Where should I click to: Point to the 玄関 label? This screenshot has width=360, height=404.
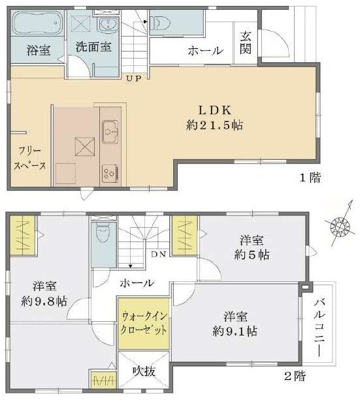(246, 42)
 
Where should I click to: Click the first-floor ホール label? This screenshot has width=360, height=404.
(204, 50)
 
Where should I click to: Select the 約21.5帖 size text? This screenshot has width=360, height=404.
(217, 124)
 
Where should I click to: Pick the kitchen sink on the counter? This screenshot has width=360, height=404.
(109, 132)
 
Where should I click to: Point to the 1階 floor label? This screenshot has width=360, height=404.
(310, 178)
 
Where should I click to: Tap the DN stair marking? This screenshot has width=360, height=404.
(157, 255)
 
